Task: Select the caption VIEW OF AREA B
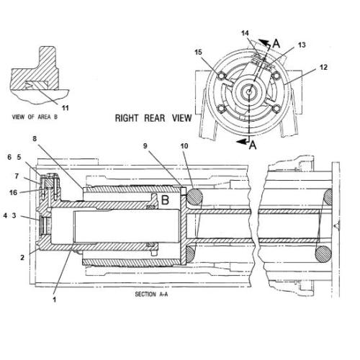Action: coord(41,116)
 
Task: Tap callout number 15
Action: coord(199,51)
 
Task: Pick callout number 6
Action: coord(9,157)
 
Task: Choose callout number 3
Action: coord(14,215)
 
